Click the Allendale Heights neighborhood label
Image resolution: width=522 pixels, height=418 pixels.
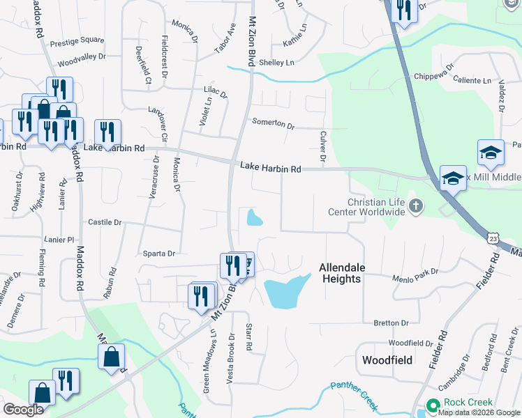pyautogui.click(x=340, y=272)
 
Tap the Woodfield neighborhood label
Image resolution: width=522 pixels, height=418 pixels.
pyautogui.click(x=388, y=360)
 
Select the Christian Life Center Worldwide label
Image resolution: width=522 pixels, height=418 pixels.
pyautogui.click(x=366, y=207)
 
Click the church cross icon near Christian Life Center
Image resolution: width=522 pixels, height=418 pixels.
pyautogui.click(x=417, y=205)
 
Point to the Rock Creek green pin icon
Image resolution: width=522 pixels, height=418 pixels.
pyautogui.click(x=433, y=405)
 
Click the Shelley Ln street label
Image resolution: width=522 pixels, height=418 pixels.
pyautogui.click(x=276, y=63)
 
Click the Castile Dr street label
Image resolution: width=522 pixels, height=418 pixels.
pyautogui.click(x=105, y=222)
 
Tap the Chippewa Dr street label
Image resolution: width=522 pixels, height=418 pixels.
pyautogui.click(x=433, y=75)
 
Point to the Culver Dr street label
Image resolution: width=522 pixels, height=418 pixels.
pyautogui.click(x=323, y=147)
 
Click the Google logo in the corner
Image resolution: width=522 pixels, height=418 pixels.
pyautogui.click(x=23, y=410)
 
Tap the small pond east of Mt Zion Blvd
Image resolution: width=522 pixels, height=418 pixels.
pyautogui.click(x=254, y=219)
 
